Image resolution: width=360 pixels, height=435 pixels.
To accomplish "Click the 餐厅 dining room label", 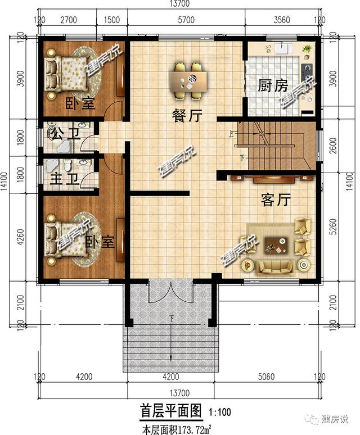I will [x=187, y=116].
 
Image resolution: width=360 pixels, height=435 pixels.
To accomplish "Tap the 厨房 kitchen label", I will [x=273, y=86].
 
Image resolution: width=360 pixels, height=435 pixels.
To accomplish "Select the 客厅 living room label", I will [x=276, y=200].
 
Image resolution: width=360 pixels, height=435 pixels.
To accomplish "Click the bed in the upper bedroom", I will [x=66, y=72].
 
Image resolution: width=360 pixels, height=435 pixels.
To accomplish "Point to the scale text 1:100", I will [x=222, y=413].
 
